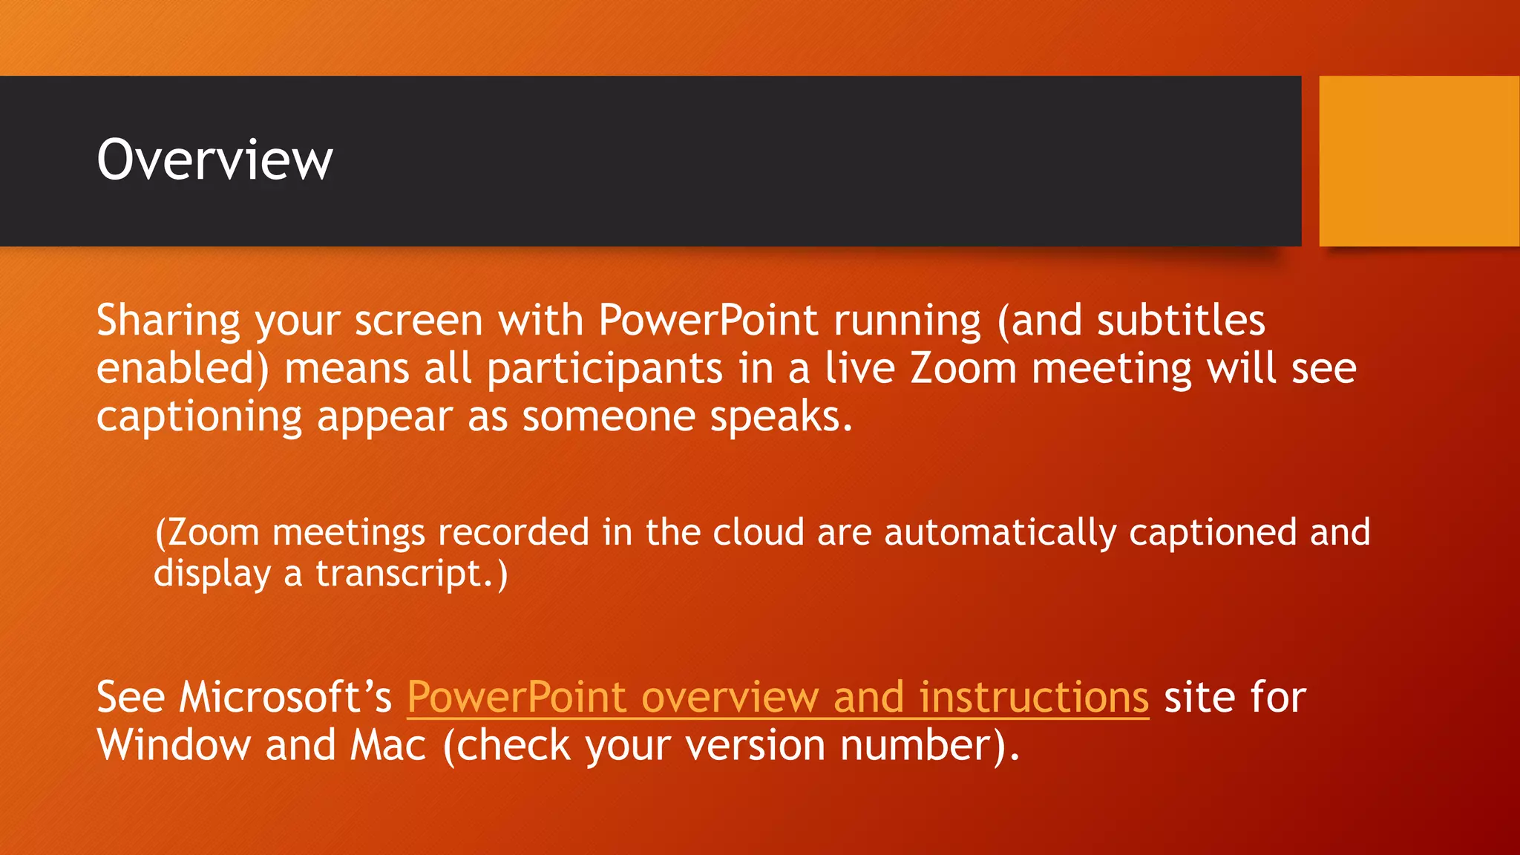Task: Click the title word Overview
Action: (214, 160)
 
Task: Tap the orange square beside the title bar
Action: (1418, 161)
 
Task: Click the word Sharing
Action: (168, 321)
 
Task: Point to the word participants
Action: (604, 370)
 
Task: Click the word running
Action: (907, 321)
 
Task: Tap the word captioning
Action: (199, 417)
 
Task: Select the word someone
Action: (609, 417)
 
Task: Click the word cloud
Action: (758, 533)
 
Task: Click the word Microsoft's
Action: (285, 698)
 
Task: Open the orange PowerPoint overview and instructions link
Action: (778, 698)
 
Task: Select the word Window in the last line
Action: (174, 745)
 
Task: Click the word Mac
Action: (388, 745)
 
